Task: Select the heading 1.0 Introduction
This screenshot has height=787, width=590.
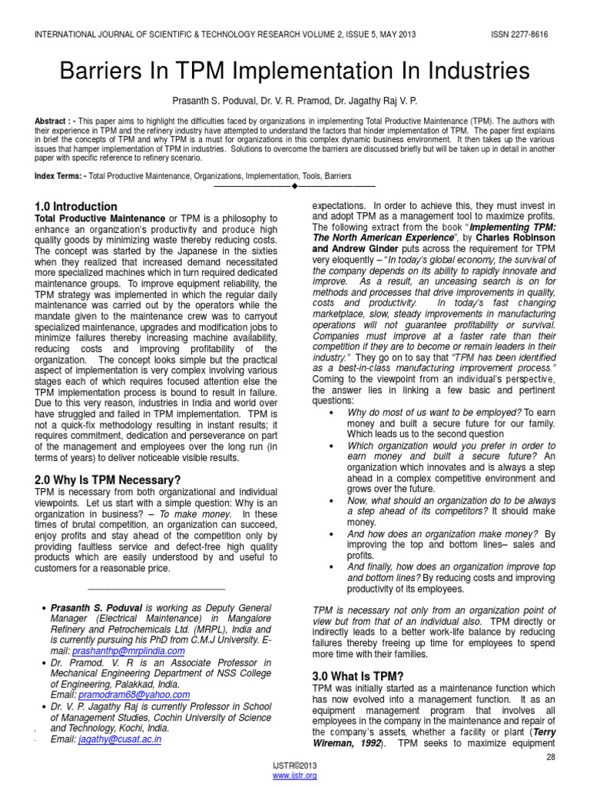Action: pyautogui.click(x=76, y=207)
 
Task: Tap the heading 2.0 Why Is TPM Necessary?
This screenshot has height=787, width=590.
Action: pyautogui.click(x=108, y=480)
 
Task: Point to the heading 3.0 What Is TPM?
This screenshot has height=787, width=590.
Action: pyautogui.click(x=358, y=676)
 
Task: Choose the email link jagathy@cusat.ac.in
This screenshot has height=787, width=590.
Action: pyautogui.click(x=119, y=739)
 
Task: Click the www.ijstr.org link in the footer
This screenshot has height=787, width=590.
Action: pyautogui.click(x=295, y=776)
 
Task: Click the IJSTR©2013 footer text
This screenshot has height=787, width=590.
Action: pyautogui.click(x=295, y=767)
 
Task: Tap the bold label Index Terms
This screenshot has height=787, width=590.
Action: pyautogui.click(x=60, y=176)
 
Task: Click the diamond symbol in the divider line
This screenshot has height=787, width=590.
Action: pyautogui.click(x=294, y=187)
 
